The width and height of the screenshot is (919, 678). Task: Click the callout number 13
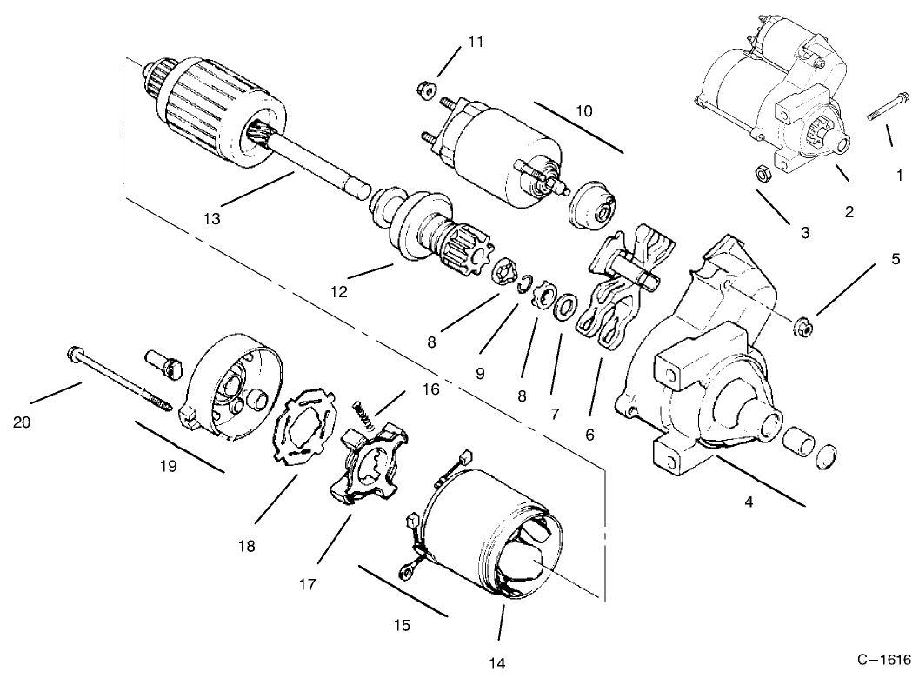click(x=212, y=218)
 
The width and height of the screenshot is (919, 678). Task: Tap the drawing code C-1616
click(x=884, y=659)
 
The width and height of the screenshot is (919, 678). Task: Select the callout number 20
click(x=22, y=422)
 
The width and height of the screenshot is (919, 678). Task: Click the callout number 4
click(x=749, y=502)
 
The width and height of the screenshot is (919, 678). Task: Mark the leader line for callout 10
click(x=578, y=128)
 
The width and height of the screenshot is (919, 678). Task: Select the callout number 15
click(x=402, y=625)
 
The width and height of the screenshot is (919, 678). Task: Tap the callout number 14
click(x=496, y=663)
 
